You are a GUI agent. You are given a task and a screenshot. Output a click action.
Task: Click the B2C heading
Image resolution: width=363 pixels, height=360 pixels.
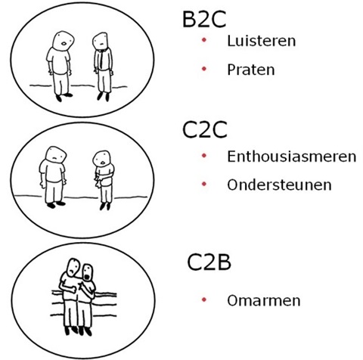tap(204, 19)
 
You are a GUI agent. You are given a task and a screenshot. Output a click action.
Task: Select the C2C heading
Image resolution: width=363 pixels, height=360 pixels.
tap(204, 129)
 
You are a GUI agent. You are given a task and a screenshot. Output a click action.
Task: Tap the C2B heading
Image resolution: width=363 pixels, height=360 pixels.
tap(209, 262)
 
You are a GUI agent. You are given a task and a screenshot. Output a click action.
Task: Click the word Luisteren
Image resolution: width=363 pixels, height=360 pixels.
tap(262, 41)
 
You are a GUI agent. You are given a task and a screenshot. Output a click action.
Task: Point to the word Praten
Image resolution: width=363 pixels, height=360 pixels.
tap(251, 70)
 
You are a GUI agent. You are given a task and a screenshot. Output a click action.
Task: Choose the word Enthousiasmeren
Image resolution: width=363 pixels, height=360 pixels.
tap(292, 157)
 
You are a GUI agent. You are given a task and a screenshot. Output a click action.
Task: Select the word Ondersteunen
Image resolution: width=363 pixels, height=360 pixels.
tap(279, 185)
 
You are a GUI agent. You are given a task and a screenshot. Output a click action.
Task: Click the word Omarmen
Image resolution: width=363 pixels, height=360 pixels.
tap(264, 300)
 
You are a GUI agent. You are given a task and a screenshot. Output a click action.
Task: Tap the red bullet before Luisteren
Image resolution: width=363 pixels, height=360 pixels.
tap(204, 40)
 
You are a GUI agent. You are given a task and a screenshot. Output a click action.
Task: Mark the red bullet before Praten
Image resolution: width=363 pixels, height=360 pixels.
tap(204, 69)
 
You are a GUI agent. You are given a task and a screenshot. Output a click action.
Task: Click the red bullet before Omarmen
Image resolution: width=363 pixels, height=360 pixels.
tap(204, 299)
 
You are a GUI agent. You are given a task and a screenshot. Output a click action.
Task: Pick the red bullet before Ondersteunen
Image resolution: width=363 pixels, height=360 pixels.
tap(204, 185)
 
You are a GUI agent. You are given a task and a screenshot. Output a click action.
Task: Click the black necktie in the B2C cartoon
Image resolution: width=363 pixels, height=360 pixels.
tap(101, 60)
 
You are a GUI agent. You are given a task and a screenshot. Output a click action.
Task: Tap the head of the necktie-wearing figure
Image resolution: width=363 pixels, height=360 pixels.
tap(101, 42)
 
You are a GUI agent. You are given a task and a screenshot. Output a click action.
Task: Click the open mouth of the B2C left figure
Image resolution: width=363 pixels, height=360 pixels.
tap(64, 44)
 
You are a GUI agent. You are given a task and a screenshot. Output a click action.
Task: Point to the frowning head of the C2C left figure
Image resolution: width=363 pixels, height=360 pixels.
tap(56, 156)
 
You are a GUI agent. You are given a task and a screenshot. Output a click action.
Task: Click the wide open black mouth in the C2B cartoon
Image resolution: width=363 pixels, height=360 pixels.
tap(87, 277)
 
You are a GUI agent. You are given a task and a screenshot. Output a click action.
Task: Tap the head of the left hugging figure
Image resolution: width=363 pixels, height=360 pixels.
tap(73, 268)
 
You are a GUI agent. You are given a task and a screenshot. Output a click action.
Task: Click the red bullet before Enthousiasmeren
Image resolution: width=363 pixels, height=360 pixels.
tap(204, 156)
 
